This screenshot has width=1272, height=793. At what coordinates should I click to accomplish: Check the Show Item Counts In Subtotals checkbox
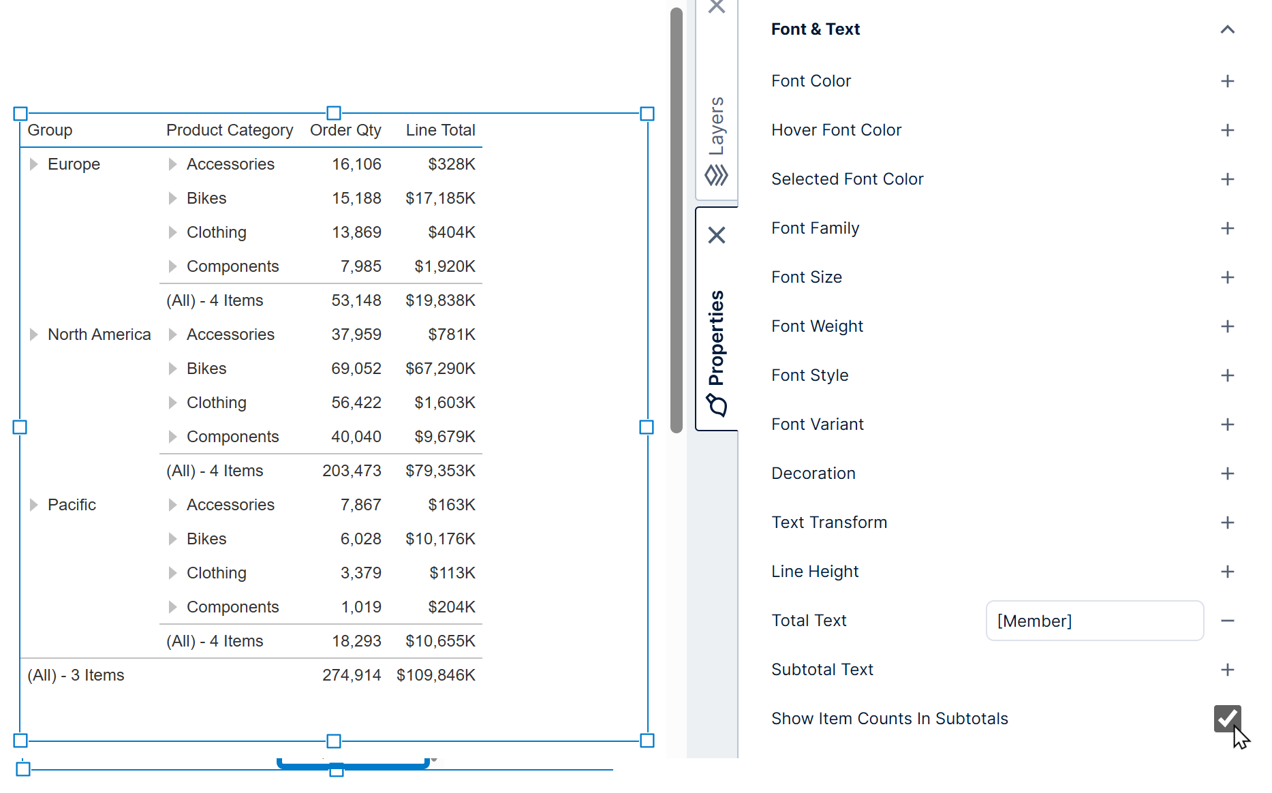pyautogui.click(x=1227, y=718)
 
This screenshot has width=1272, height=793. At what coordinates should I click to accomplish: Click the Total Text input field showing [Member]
pyautogui.click(x=1094, y=621)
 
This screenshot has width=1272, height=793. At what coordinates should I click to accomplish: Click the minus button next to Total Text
pyautogui.click(x=1227, y=621)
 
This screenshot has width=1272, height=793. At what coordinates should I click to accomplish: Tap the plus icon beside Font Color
pyautogui.click(x=1227, y=81)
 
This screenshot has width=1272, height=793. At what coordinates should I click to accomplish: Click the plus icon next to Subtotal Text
pyautogui.click(x=1227, y=670)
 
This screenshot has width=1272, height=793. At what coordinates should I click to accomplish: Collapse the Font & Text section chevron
pyautogui.click(x=1227, y=29)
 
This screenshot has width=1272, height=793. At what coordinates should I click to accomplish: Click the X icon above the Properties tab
pyautogui.click(x=716, y=235)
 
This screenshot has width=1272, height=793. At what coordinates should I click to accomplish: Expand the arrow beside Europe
pyautogui.click(x=33, y=164)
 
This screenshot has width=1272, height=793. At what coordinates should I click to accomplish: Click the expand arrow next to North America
pyautogui.click(x=33, y=335)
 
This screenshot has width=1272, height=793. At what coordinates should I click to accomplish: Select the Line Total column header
pyautogui.click(x=440, y=130)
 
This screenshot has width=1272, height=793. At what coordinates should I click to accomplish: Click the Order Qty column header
pyautogui.click(x=345, y=130)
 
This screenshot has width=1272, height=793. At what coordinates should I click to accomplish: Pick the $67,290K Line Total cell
pyautogui.click(x=440, y=369)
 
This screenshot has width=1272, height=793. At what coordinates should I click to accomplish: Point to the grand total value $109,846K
pyautogui.click(x=436, y=675)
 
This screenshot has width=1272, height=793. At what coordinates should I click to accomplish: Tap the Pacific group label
pyautogui.click(x=72, y=505)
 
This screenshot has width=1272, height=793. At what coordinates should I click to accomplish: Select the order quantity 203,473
pyautogui.click(x=352, y=471)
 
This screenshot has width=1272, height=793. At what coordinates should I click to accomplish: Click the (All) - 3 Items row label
pyautogui.click(x=76, y=675)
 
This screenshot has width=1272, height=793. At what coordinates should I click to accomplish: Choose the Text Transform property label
pyautogui.click(x=829, y=523)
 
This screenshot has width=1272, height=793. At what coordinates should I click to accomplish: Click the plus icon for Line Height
pyautogui.click(x=1227, y=572)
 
